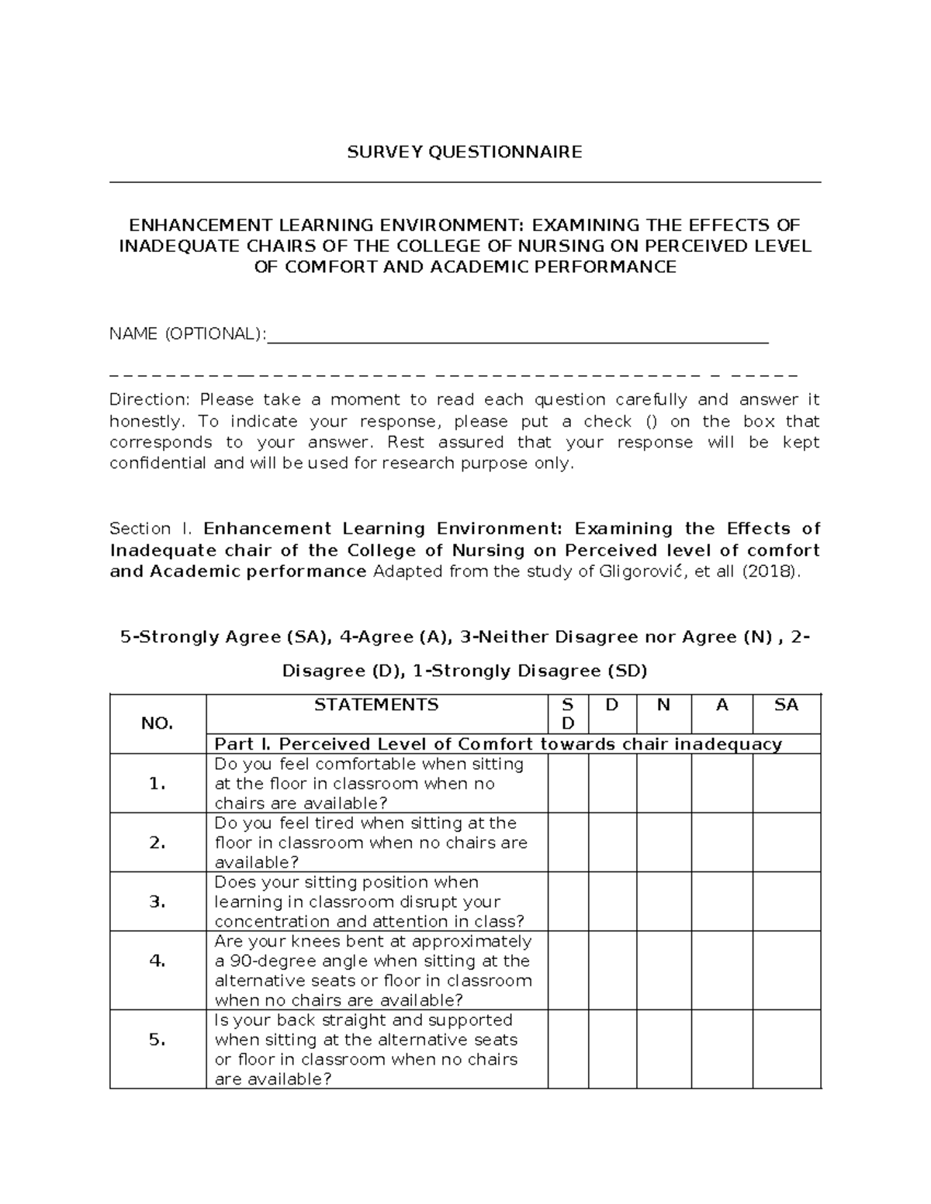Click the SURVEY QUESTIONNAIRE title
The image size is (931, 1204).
point(464,152)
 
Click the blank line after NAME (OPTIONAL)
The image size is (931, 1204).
point(517,335)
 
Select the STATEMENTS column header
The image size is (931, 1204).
point(376,705)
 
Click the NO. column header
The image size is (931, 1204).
point(157,723)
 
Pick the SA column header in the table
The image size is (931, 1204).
point(786,705)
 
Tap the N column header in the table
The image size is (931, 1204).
point(663,705)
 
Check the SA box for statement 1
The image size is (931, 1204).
point(786,784)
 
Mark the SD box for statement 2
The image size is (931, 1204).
point(568,843)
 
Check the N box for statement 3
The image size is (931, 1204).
point(663,902)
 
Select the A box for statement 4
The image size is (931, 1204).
point(722,971)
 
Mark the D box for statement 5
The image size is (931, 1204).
point(612,1049)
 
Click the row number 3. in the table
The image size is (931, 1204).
point(157,902)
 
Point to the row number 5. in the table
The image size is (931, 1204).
point(157,1040)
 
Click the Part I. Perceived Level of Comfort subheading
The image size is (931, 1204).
point(497,744)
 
